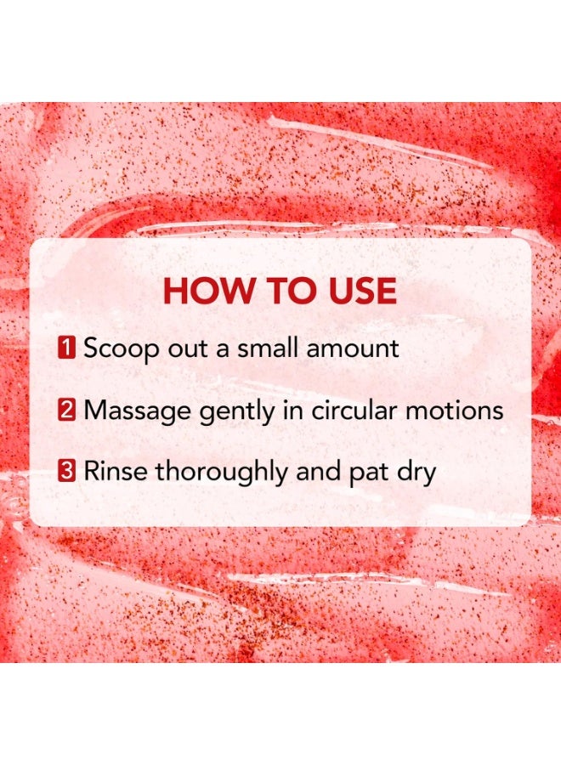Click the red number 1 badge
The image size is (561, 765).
(67, 348)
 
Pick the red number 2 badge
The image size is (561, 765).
(67, 410)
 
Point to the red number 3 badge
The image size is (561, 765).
(67, 471)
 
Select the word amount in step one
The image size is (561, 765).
(353, 349)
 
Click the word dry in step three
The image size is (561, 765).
(416, 473)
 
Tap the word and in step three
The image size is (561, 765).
(318, 471)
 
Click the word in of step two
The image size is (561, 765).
(294, 411)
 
